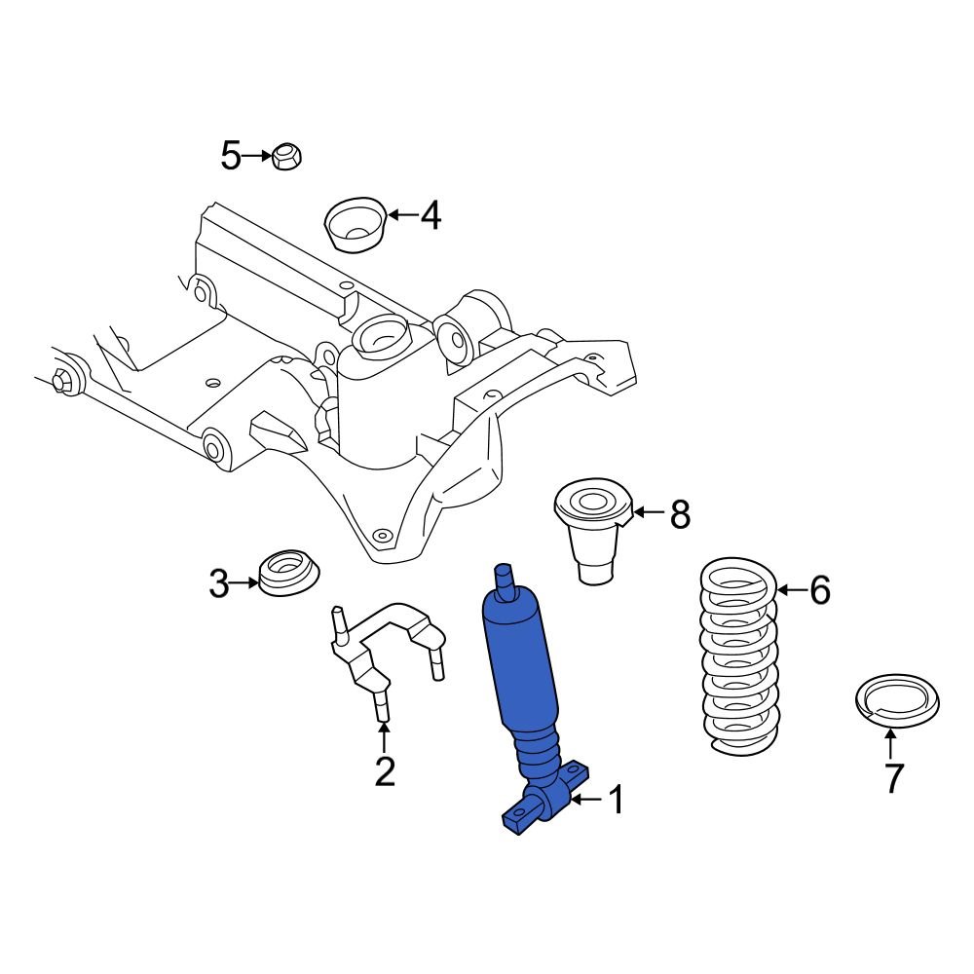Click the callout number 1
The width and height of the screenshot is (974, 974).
(615, 801)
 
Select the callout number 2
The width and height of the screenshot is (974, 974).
(385, 771)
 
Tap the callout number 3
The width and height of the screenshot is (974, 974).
(219, 584)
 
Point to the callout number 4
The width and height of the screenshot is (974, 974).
(431, 215)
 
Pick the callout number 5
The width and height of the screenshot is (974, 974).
(230, 156)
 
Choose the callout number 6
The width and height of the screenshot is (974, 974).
(819, 589)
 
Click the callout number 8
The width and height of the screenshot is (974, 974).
(679, 513)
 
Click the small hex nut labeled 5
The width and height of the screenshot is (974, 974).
(285, 156)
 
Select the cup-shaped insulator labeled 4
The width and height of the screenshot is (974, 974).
(356, 225)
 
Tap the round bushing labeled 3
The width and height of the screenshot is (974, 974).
(287, 575)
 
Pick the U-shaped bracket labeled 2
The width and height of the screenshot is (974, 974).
(385, 648)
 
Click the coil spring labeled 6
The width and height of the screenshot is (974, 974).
(740, 655)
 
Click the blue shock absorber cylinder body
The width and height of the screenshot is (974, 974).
(523, 662)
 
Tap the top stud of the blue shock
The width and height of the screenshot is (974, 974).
(505, 581)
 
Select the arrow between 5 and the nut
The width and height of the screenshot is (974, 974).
(258, 156)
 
